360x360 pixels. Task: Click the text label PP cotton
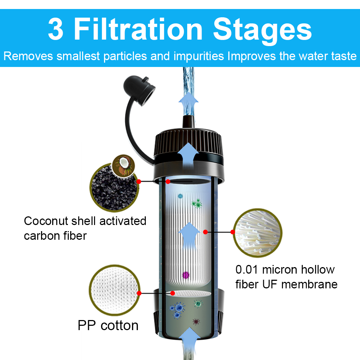pyautogui.click(x=108, y=325)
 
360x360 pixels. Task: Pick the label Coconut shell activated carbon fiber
pyautogui.click(x=85, y=228)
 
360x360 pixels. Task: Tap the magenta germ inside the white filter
pyautogui.click(x=186, y=275)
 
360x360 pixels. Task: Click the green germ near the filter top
pyautogui.click(x=197, y=204)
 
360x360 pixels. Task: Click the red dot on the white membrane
pyautogui.click(x=205, y=232)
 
